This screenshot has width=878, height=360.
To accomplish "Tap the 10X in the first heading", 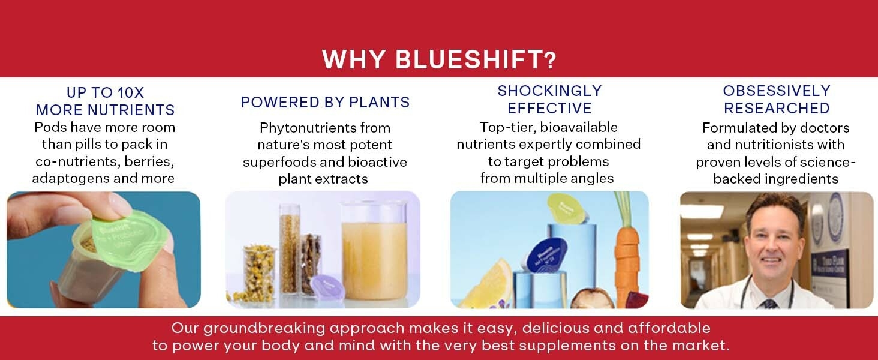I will coord(131,93).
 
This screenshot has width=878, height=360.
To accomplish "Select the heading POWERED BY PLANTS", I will coord(325,103).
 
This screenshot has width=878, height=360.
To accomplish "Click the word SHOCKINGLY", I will coord(549,91).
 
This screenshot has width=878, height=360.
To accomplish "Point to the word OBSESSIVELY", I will coord(777,91).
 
